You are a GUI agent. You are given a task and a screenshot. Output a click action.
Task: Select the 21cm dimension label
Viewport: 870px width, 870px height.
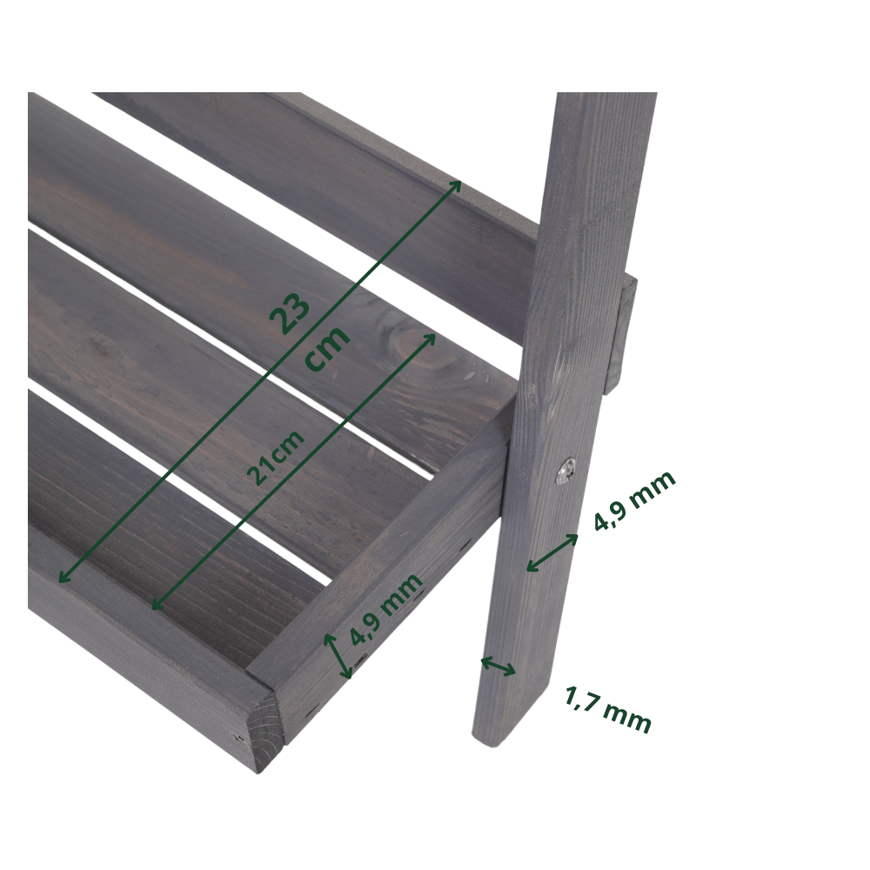tap(276, 458)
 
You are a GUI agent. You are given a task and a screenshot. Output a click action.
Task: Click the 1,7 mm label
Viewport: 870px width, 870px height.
tap(607, 710)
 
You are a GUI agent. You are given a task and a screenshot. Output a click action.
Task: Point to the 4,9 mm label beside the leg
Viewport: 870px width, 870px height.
tap(634, 500)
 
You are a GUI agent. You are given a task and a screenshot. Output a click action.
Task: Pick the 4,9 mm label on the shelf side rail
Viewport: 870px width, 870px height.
tap(386, 609)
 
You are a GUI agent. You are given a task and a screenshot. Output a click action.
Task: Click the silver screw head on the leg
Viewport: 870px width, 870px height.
tap(566, 472)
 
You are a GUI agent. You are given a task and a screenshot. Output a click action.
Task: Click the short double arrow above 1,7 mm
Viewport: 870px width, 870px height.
tap(498, 666)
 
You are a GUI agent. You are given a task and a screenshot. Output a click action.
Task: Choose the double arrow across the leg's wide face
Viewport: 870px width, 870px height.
tap(552, 552)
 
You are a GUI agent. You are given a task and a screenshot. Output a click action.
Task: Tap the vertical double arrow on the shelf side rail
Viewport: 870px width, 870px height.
tap(338, 656)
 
